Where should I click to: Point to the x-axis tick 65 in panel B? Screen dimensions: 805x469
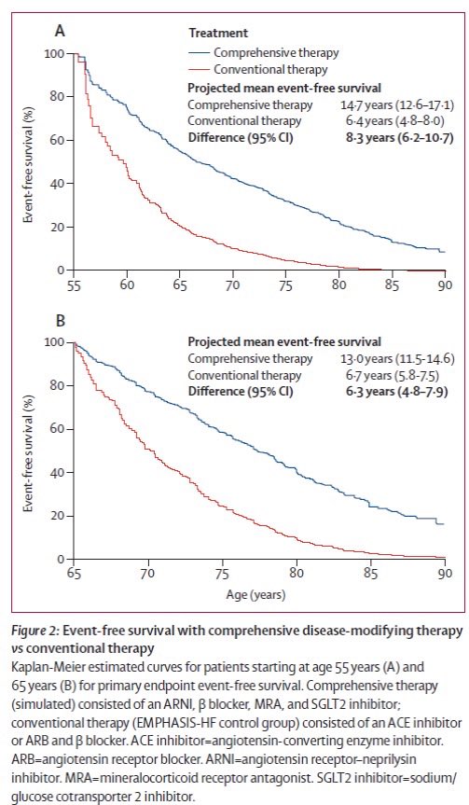74,573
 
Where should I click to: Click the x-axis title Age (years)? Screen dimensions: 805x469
258,593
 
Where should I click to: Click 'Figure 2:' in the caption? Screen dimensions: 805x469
43,632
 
